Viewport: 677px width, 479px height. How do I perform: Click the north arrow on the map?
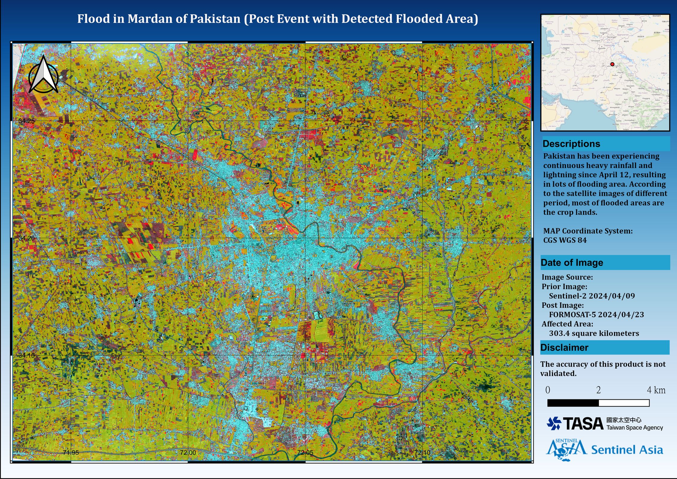point(44,75)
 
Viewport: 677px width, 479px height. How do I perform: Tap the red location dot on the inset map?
point(612,64)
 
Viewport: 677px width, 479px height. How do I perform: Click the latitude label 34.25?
point(27,121)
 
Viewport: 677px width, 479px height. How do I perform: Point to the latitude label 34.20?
point(27,238)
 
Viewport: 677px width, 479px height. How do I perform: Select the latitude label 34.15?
point(27,355)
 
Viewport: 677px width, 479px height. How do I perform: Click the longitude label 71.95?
point(71,452)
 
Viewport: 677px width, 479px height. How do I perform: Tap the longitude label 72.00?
point(188,452)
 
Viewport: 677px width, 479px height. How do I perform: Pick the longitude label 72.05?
point(305,452)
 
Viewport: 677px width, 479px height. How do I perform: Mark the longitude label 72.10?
point(422,452)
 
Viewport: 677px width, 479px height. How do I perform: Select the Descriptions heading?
point(571,144)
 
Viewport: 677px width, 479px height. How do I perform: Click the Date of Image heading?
point(572,263)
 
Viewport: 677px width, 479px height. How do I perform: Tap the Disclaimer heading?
point(564,348)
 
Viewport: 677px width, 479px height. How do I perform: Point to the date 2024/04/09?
point(611,296)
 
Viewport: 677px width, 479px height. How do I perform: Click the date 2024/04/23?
point(621,314)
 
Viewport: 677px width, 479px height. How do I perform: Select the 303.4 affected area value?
point(559,333)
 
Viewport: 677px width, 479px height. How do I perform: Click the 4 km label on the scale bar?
point(656,390)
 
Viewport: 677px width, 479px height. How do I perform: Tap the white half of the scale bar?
point(624,403)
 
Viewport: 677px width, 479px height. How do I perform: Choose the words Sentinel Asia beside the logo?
point(627,450)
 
